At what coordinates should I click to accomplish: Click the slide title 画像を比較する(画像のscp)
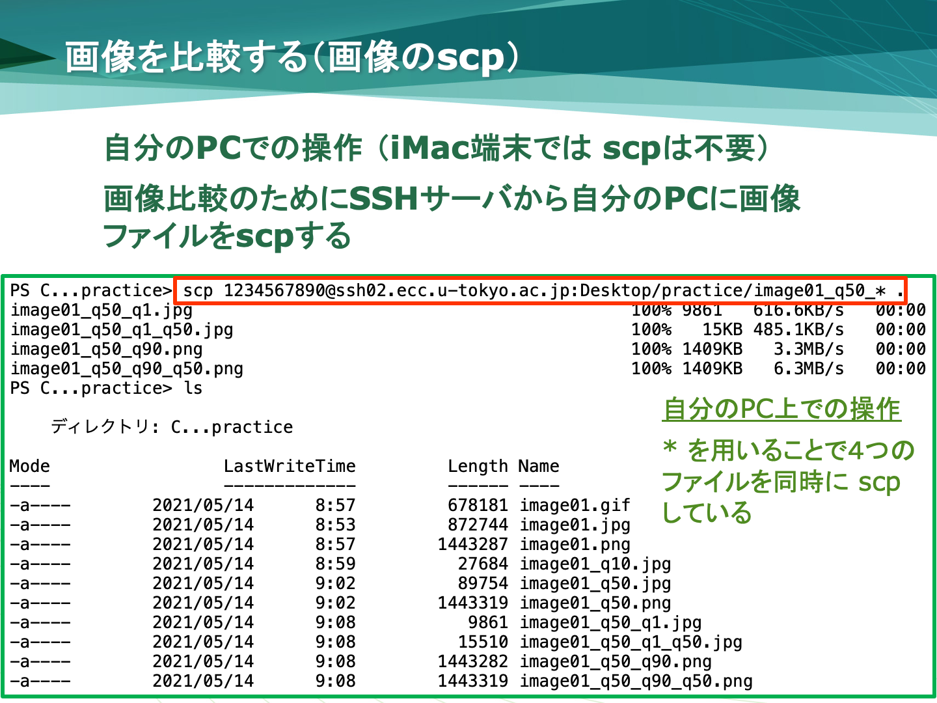(292, 57)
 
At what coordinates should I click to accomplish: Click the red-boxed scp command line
(541, 291)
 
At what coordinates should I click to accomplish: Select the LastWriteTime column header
(290, 466)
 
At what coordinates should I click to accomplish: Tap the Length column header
(478, 467)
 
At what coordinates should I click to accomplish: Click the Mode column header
(29, 466)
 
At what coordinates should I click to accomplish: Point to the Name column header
(539, 466)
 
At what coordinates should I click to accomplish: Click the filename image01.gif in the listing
(575, 505)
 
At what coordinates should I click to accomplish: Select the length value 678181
(478, 505)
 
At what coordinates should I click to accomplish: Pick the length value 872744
(478, 525)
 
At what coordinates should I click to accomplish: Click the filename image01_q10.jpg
(595, 564)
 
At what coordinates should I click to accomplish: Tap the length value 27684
(483, 564)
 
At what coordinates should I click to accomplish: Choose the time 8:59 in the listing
(335, 564)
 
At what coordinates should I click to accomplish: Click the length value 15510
(483, 642)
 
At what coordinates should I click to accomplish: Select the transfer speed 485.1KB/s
(798, 329)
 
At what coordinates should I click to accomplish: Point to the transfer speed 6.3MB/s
(809, 369)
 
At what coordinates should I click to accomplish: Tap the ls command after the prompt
(193, 388)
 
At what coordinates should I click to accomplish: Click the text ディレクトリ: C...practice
(172, 427)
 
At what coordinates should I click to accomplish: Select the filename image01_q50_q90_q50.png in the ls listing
(636, 682)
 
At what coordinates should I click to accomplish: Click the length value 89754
(483, 583)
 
